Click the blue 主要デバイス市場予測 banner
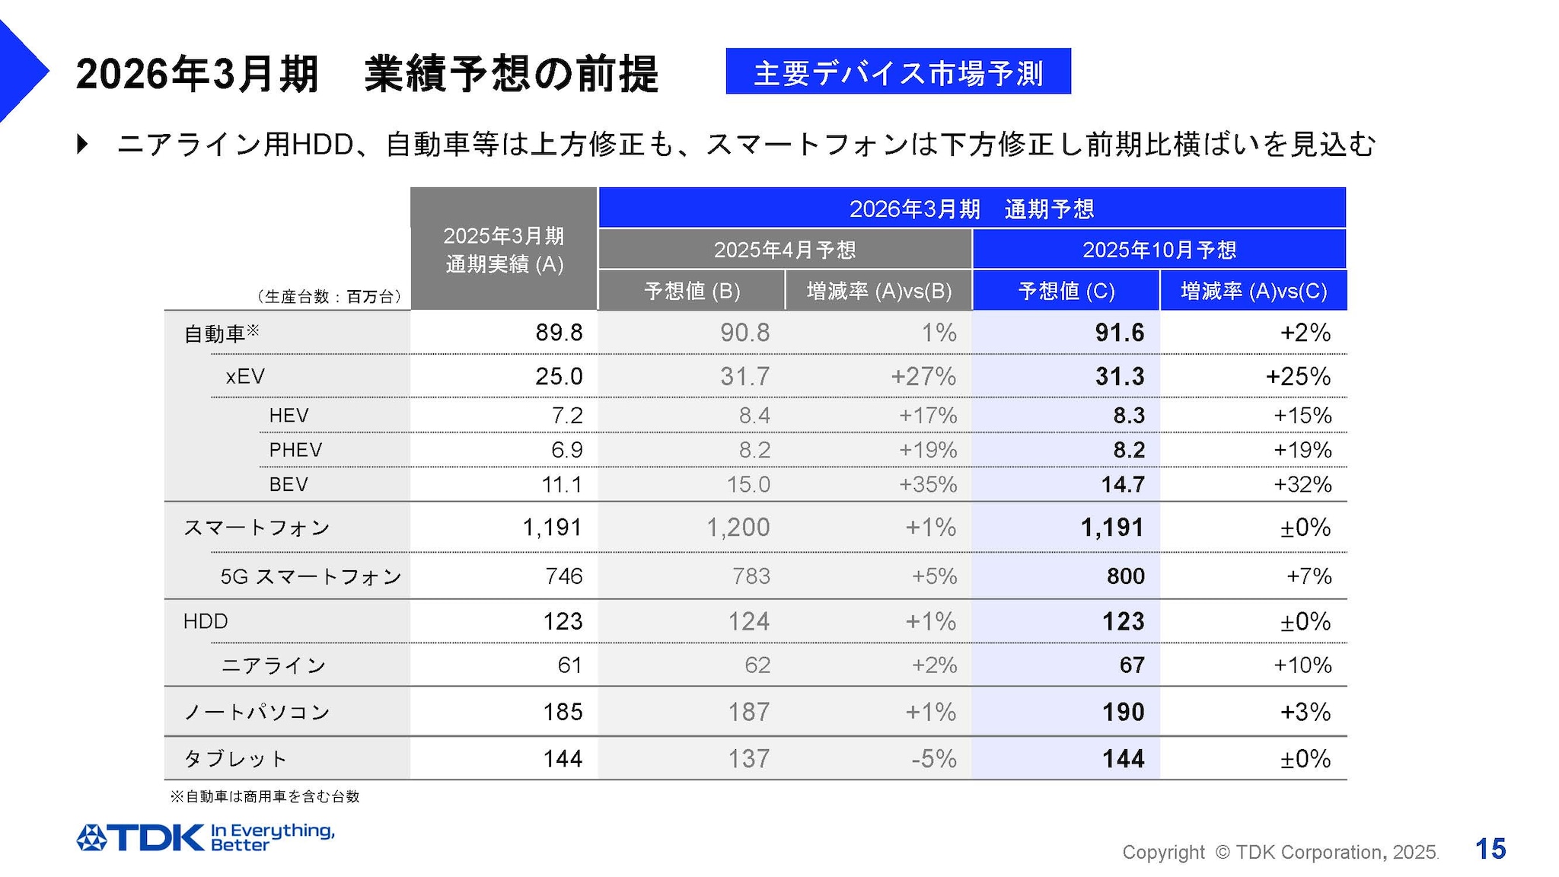(897, 72)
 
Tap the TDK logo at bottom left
(141, 837)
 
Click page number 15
(1490, 849)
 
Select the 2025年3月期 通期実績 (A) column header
(504, 250)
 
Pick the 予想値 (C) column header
(1066, 291)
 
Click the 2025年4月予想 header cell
(785, 250)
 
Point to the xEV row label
(245, 376)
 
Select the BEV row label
(289, 484)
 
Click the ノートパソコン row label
(257, 712)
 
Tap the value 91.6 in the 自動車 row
(1119, 333)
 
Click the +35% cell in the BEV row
(927, 484)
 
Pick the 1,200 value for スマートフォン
(738, 527)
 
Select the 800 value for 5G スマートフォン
(1125, 576)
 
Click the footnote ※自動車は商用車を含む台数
(264, 796)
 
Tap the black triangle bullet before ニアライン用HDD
(82, 144)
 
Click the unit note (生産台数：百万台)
(328, 297)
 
